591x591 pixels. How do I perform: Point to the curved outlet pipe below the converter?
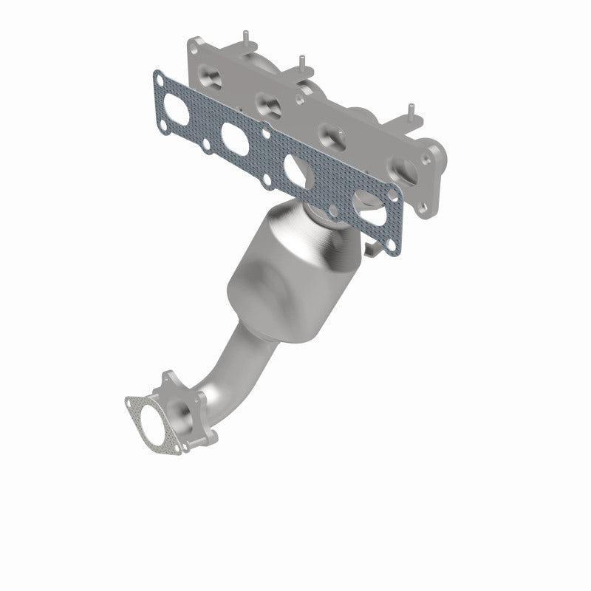tap(229, 377)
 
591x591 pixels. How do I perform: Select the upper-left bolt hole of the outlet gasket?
tap(131, 404)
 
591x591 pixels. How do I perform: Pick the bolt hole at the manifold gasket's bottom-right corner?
tap(394, 236)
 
